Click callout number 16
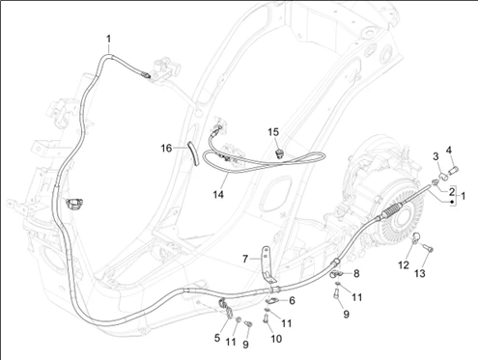(166, 149)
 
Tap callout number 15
(273, 132)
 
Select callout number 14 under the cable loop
(218, 194)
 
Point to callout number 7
(245, 259)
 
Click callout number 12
(404, 265)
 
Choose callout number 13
(420, 273)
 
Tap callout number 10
(276, 339)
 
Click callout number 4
(449, 150)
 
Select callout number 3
(436, 156)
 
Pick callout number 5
(217, 338)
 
